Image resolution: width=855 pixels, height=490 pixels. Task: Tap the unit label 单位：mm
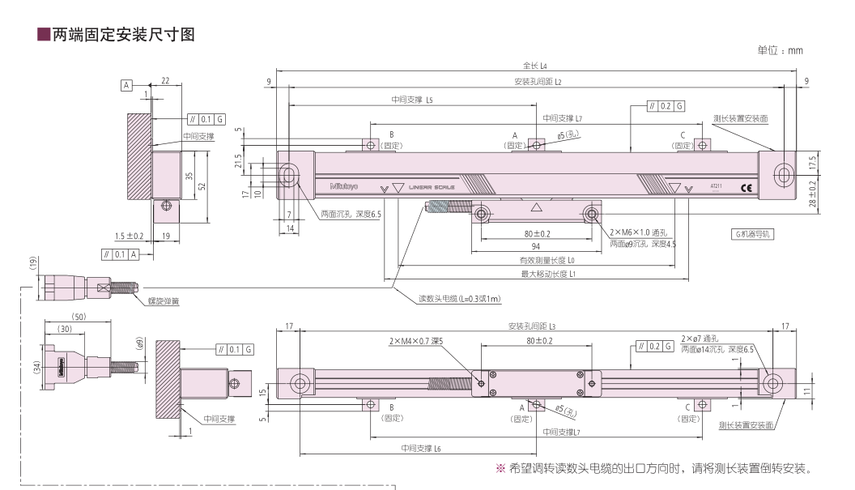pyautogui.click(x=780, y=50)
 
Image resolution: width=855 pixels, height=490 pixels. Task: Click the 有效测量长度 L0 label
pyautogui.click(x=547, y=261)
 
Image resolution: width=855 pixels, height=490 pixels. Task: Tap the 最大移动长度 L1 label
pyautogui.click(x=547, y=275)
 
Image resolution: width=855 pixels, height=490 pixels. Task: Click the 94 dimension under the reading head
pyautogui.click(x=535, y=247)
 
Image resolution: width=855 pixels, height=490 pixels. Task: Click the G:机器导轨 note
pyautogui.click(x=751, y=233)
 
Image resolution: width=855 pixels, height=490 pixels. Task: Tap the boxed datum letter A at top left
pyautogui.click(x=126, y=83)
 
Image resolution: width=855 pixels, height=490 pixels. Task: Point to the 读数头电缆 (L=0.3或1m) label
pyautogui.click(x=459, y=299)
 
